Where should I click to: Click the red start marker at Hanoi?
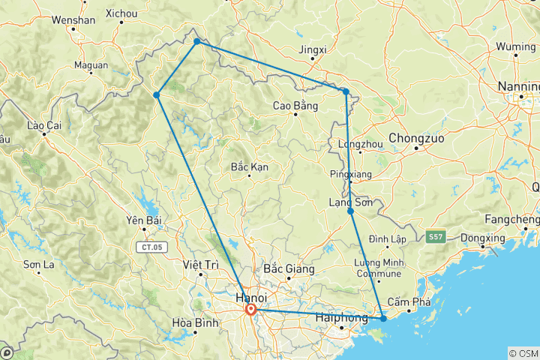250,309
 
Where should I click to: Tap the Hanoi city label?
241,298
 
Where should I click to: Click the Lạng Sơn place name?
350,202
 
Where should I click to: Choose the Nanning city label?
519,86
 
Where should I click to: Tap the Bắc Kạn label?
250,166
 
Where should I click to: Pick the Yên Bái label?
143,220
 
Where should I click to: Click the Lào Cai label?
43,125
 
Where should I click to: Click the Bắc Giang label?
289,268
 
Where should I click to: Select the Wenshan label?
73,20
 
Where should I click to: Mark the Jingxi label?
313,50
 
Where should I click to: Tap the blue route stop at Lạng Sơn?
350,211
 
